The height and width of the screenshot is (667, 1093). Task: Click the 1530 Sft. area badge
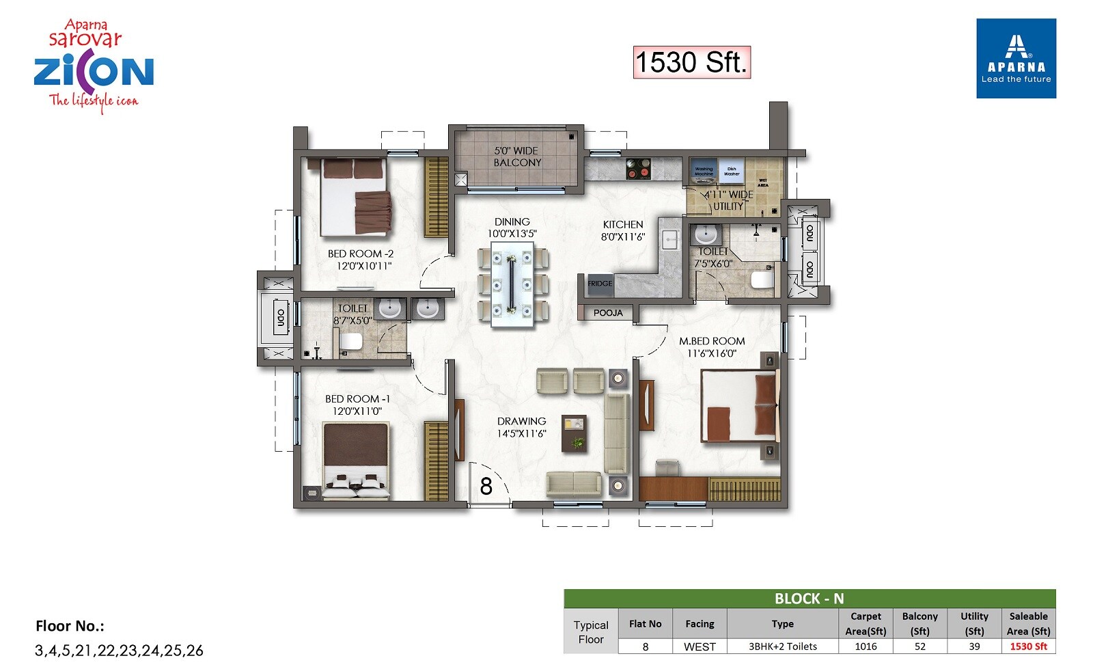coord(691,62)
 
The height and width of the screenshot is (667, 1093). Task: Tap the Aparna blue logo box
coord(1016,58)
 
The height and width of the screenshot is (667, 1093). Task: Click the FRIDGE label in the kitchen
coord(600,284)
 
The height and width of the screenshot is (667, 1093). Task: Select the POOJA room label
coord(607,313)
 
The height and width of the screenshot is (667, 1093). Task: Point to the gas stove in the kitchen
coord(638,168)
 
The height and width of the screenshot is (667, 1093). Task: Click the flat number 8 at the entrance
coord(486,487)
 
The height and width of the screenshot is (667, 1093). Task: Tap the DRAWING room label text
coord(521,422)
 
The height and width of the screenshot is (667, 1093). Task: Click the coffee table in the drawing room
coord(574,433)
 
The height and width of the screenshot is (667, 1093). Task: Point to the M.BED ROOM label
coord(712,341)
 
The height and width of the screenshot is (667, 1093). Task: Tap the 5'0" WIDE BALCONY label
coord(517,156)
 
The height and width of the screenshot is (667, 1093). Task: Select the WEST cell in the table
coord(700,646)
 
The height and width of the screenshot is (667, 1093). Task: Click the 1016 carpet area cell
coord(866,646)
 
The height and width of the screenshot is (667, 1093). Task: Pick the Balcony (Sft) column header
coord(919,623)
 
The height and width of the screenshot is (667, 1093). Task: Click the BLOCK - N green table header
coord(809,599)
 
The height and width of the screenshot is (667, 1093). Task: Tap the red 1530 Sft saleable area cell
coord(1028,646)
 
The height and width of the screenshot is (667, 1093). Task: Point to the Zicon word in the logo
coord(94,72)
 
